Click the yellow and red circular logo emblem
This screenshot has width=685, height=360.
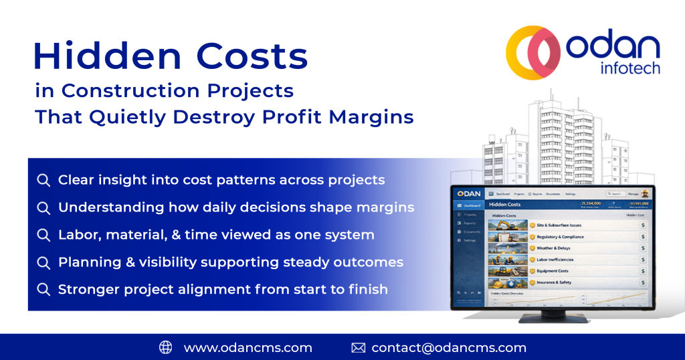(533, 52)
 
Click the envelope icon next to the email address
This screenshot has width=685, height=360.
(359, 347)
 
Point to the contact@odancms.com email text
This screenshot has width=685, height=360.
(449, 347)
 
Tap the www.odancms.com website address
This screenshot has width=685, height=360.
(248, 347)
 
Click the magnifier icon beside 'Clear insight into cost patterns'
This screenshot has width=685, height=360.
(43, 180)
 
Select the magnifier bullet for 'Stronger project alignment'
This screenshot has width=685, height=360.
(43, 290)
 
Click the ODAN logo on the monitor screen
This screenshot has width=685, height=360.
(469, 193)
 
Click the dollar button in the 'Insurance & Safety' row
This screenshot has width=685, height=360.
(642, 282)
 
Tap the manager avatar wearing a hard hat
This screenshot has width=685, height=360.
(644, 193)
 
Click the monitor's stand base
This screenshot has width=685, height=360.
(549, 319)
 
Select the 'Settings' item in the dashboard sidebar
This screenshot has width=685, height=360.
(470, 240)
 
